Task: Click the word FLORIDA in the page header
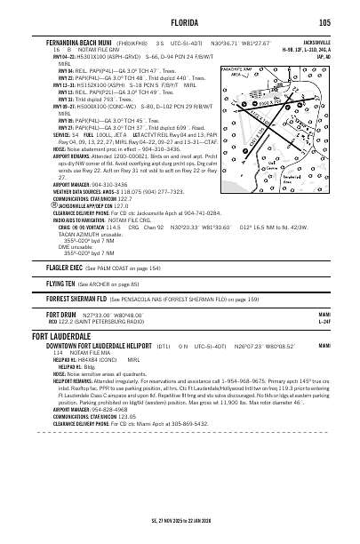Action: [x=180, y=22]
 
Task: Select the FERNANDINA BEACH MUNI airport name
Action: [x=83, y=41]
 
